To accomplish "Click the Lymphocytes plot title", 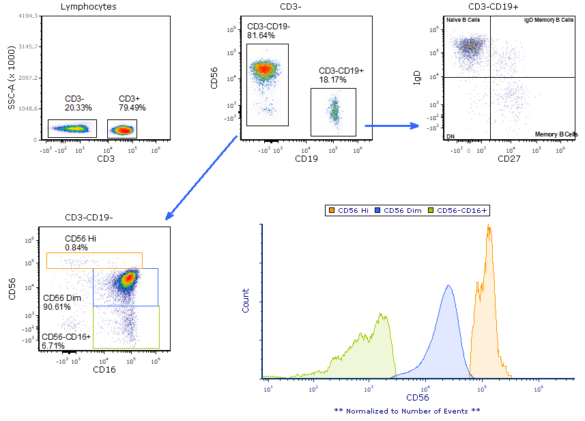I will (x=88, y=7).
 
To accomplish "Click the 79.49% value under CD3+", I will (x=132, y=108).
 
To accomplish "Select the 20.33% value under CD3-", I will (x=79, y=108).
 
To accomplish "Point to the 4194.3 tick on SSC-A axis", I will (x=27, y=15).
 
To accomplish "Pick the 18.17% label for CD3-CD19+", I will (x=332, y=80).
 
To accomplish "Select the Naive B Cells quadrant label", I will (x=463, y=20).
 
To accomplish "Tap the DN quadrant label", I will (x=451, y=136).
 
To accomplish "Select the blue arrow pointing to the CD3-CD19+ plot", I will (x=392, y=126).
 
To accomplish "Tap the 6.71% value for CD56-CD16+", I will (x=54, y=345).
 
